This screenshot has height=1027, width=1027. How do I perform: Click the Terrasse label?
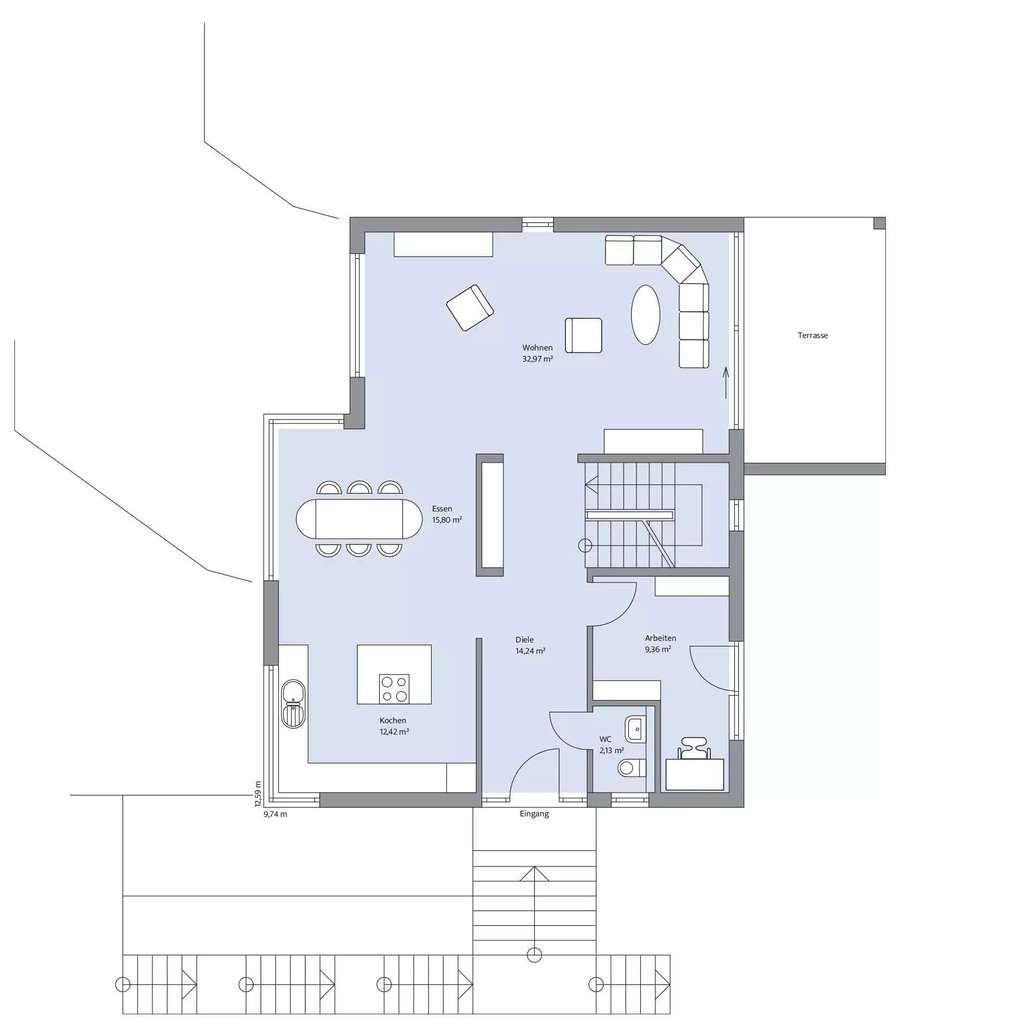coord(813,335)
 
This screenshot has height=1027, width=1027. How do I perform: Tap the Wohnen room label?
coord(537,348)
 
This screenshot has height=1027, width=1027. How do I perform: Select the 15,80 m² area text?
coord(447,520)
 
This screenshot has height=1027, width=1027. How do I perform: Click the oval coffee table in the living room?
coord(646,315)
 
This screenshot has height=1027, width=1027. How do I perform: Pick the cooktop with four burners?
coord(394,689)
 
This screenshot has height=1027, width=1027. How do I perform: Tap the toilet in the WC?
coord(632,769)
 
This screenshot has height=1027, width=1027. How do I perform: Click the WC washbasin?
coord(635,729)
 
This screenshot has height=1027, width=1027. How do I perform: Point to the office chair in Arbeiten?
coord(694,748)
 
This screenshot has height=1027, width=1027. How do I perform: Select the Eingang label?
coord(534,814)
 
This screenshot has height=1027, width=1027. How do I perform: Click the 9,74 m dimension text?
coord(275,815)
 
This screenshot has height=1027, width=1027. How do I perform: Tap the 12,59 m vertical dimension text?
coord(258,794)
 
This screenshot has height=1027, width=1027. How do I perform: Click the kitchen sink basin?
coord(293,692)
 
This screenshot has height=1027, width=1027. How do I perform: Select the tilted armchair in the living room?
coord(470,308)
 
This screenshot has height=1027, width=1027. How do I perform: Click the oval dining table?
coord(359,519)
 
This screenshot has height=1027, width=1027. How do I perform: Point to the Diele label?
coord(524,640)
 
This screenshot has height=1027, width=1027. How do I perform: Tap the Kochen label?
coord(393,721)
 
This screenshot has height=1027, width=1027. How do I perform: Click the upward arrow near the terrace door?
coord(726,383)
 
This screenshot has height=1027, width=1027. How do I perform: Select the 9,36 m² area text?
coord(658,649)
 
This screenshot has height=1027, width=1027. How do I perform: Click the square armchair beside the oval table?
coord(584,335)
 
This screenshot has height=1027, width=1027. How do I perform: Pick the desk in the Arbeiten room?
coord(694,774)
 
